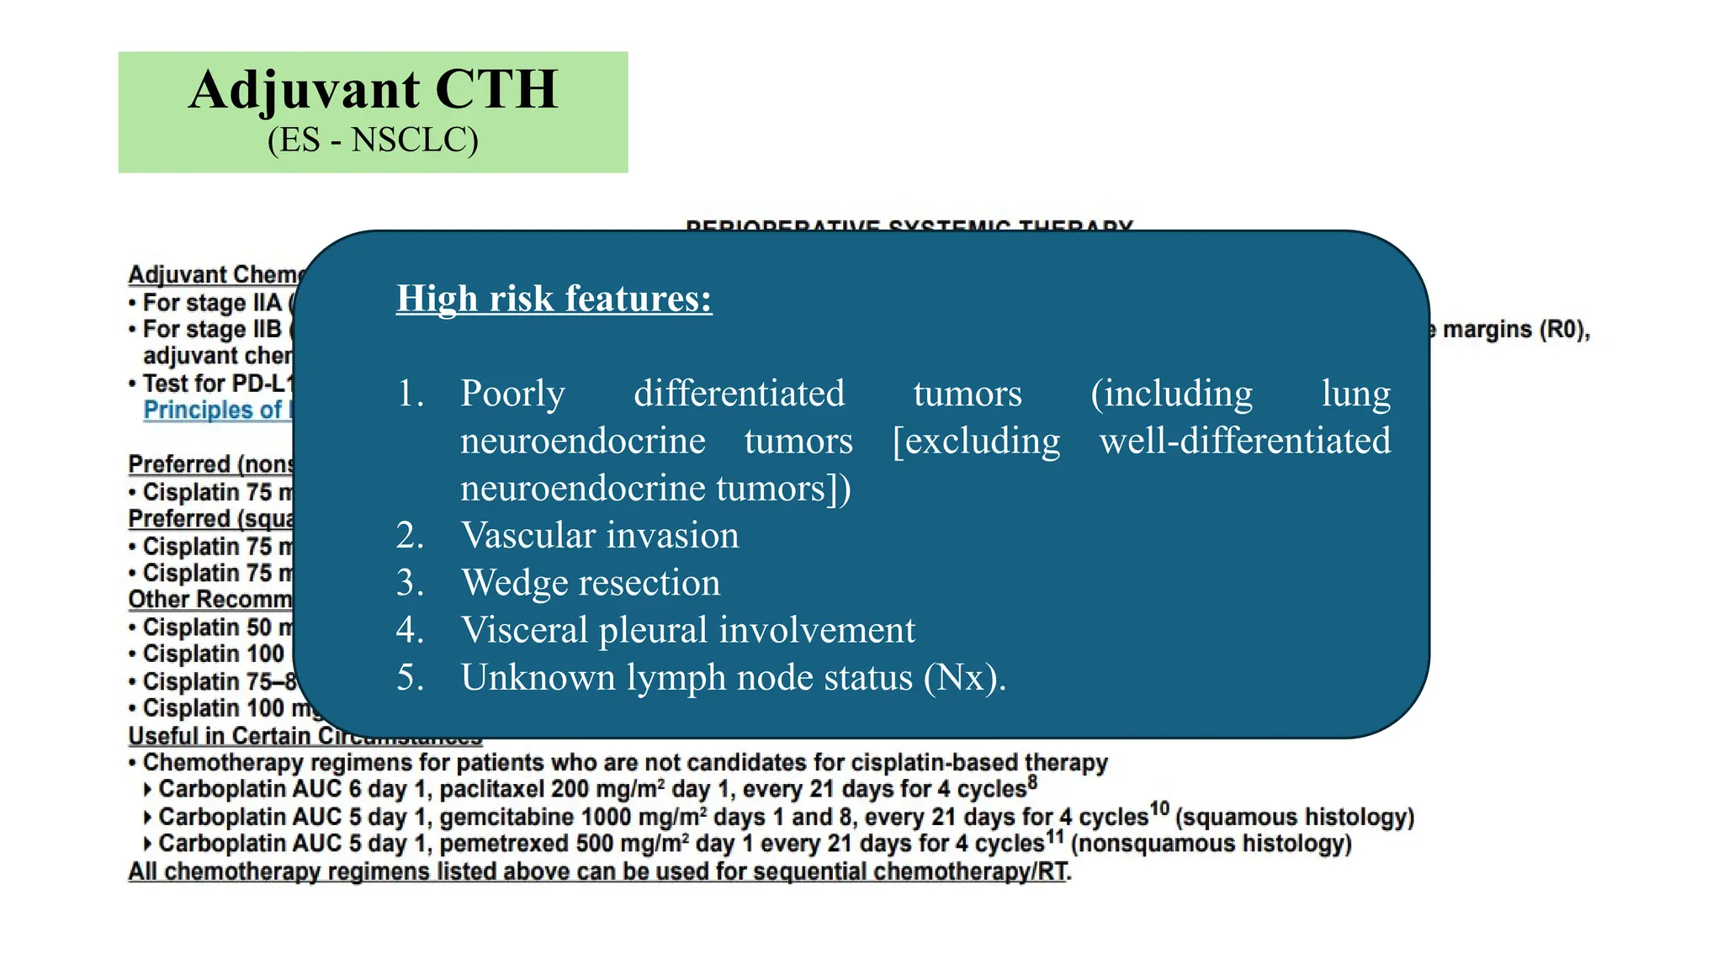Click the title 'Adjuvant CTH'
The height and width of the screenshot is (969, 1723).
tap(373, 89)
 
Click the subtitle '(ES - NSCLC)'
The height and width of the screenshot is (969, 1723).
tap(373, 140)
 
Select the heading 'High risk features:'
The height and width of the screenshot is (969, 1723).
tap(554, 299)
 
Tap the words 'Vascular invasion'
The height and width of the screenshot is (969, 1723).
tap(599, 536)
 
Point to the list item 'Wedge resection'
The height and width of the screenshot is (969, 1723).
tap(590, 583)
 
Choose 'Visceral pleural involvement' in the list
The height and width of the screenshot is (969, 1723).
tap(687, 630)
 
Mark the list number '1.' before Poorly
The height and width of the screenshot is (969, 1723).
tap(411, 394)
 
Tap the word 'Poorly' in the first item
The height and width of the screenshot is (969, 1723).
tap(512, 394)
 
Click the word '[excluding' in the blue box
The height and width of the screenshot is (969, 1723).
tap(976, 441)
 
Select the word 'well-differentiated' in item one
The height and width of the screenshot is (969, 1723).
tap(1244, 441)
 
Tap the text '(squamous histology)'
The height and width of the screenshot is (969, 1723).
tap(1295, 818)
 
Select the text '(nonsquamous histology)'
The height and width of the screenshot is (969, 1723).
tap(1211, 844)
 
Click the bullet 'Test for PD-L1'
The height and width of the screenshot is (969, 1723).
tap(214, 384)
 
